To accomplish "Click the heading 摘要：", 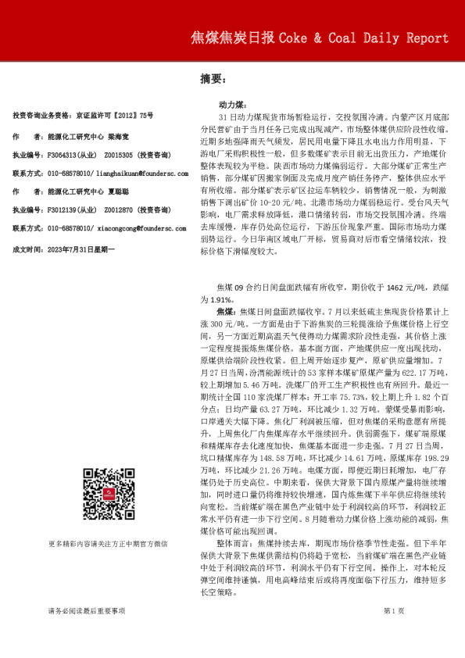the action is point(213,79).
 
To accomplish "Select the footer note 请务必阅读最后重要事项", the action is point(86,632).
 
